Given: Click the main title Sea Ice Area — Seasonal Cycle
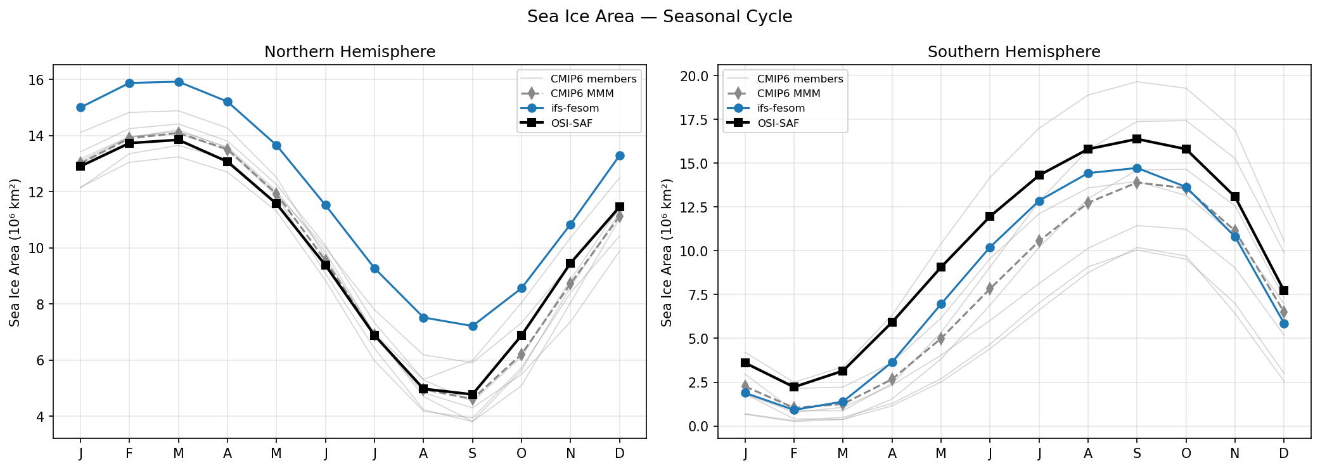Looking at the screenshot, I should click(x=660, y=16).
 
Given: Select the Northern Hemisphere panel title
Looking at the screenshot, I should click(x=350, y=52).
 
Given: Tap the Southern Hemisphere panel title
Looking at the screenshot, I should click(x=1014, y=52).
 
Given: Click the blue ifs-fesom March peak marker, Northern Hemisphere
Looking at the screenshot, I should click(x=179, y=82).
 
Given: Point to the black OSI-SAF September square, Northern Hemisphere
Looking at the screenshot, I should click(x=472, y=395).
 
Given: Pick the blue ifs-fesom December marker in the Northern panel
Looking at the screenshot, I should click(x=620, y=155).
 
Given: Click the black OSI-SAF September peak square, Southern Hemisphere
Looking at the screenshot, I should click(x=1137, y=139).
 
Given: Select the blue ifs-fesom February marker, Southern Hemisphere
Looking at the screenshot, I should click(x=794, y=410).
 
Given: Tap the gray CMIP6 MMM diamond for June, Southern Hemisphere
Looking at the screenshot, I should click(x=990, y=289).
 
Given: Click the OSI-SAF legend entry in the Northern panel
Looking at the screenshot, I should click(x=571, y=123).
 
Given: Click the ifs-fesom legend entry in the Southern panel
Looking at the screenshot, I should click(x=781, y=108).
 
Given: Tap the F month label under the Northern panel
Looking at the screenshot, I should click(x=129, y=454).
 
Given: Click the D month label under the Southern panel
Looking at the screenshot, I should click(x=1283, y=454).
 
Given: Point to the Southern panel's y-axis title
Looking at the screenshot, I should click(x=666, y=252).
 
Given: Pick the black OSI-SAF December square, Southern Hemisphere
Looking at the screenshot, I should click(x=1284, y=290).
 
